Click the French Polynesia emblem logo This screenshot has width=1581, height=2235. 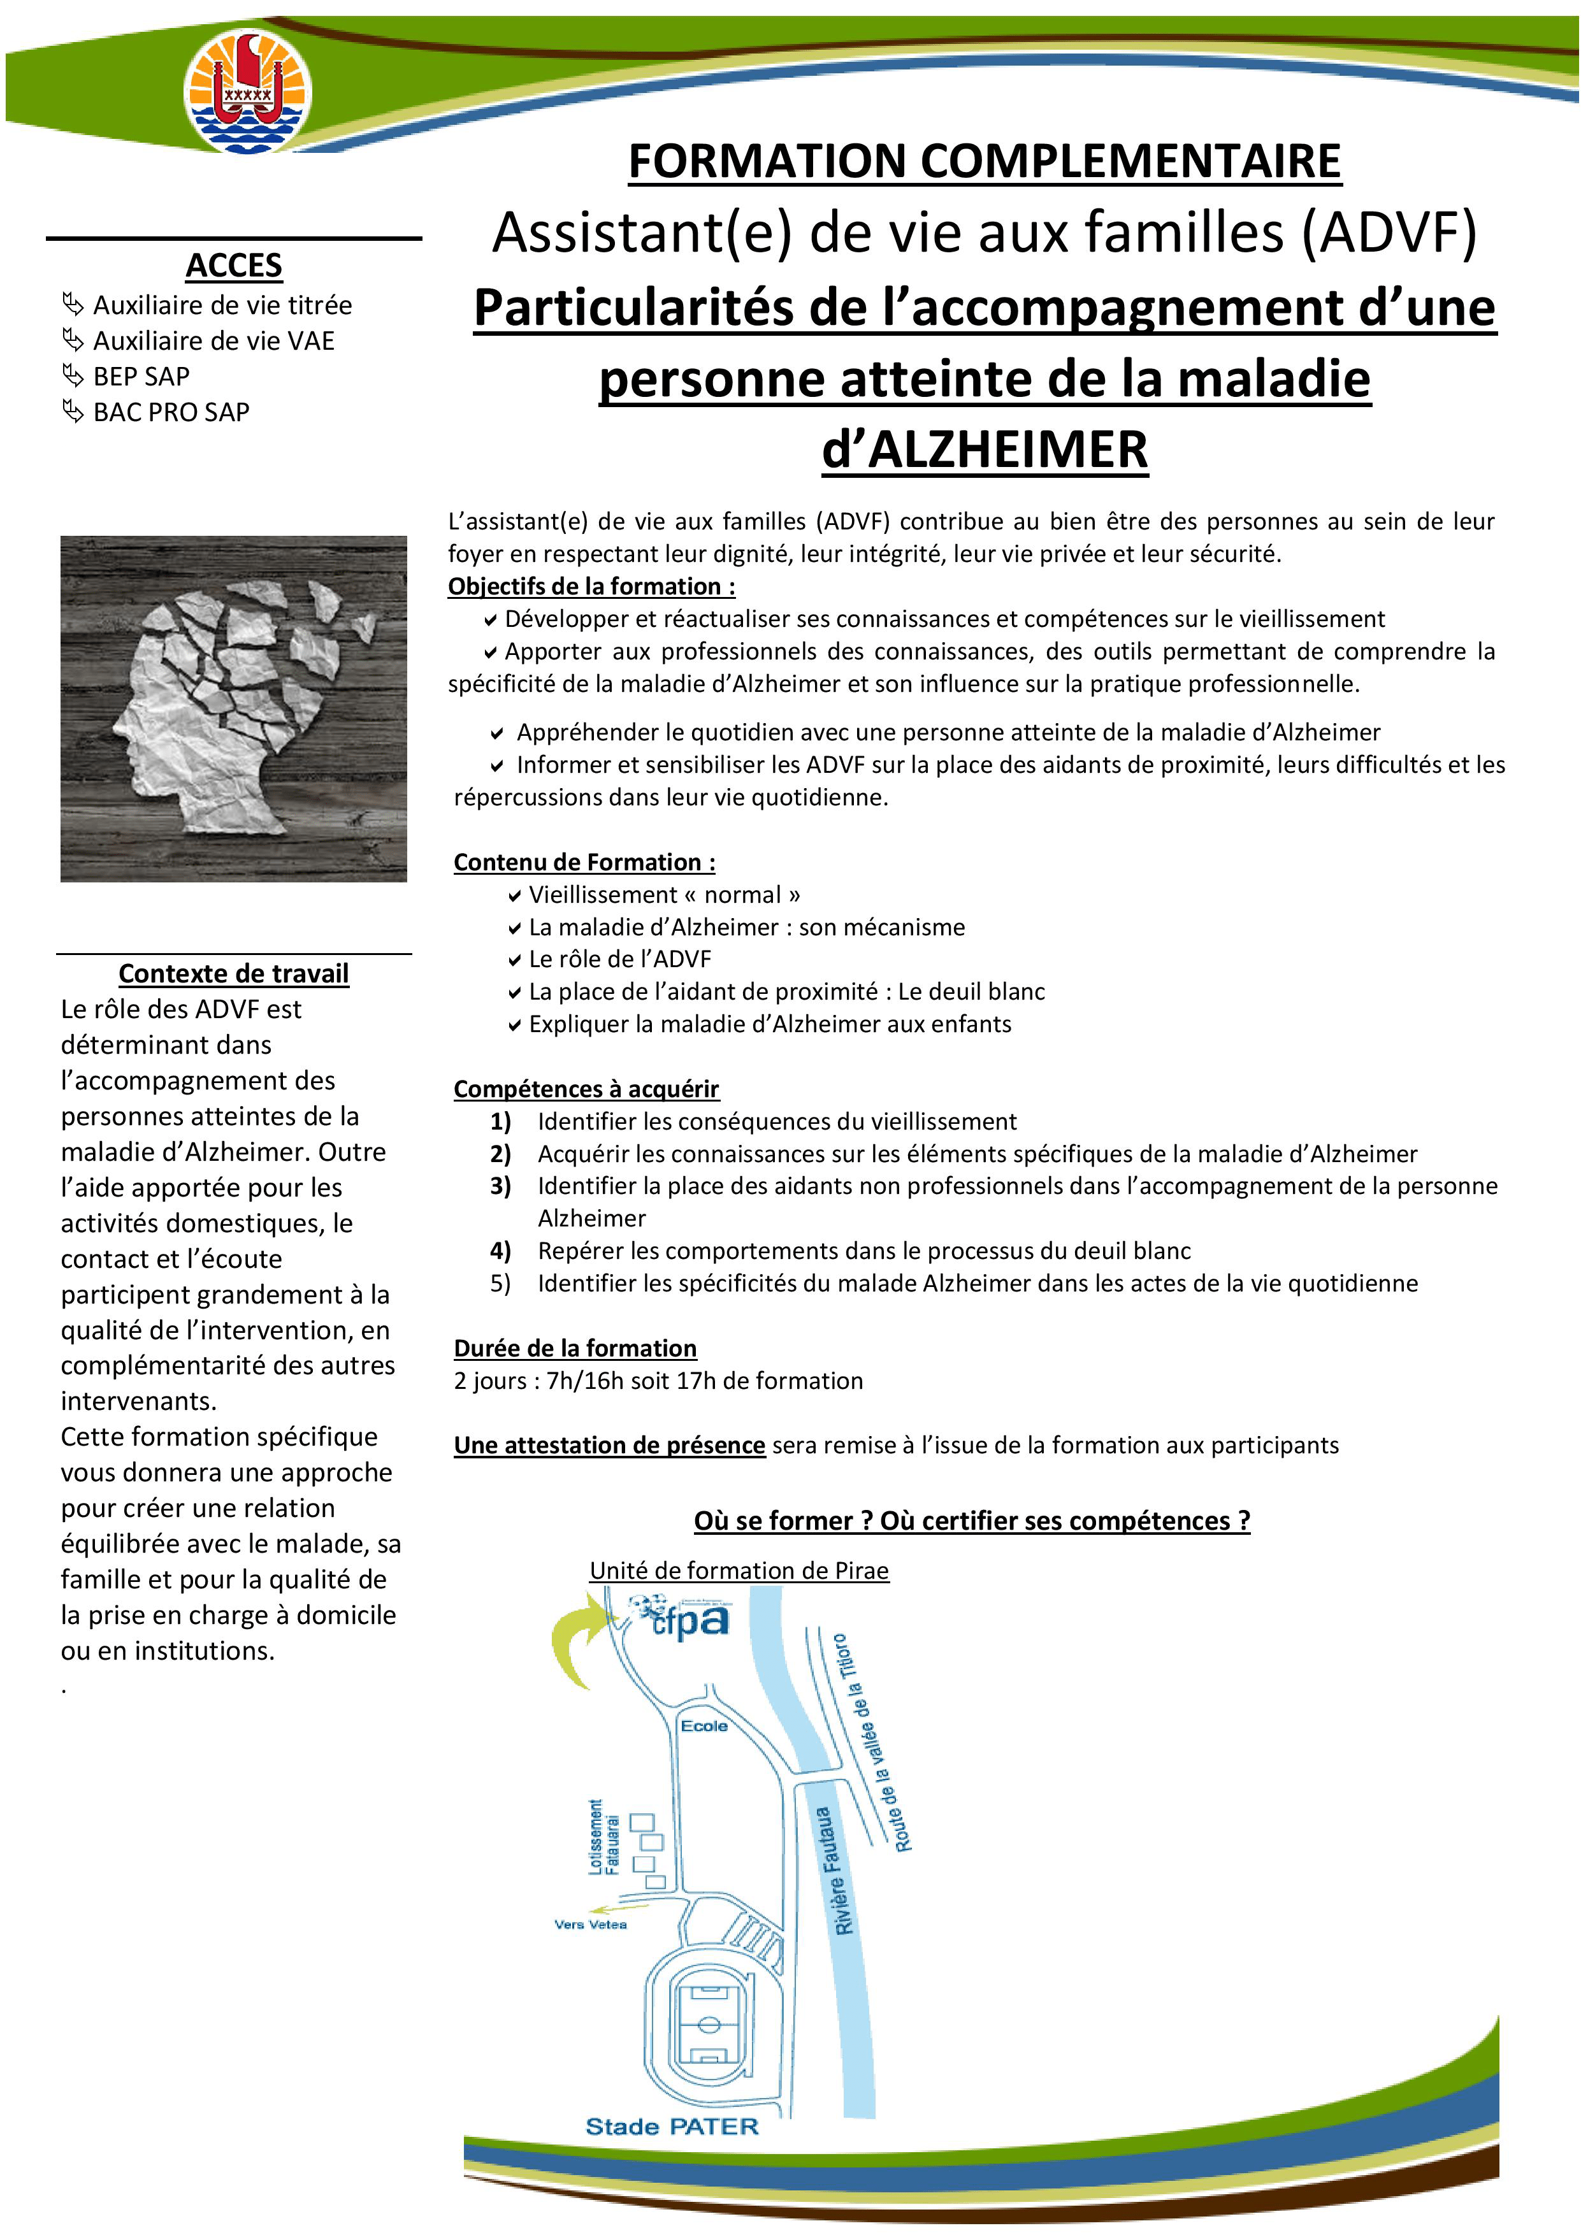(249, 90)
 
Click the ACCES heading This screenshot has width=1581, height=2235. (234, 265)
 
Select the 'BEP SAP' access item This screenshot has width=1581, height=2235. (141, 377)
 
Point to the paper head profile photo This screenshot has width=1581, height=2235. (234, 708)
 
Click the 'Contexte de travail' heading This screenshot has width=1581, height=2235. (234, 974)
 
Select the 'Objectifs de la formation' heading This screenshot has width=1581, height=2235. (591, 586)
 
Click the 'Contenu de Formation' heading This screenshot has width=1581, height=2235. (584, 863)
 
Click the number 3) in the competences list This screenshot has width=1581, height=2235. (500, 1186)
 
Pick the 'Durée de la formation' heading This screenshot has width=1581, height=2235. (575, 1348)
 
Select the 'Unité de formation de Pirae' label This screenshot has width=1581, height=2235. (739, 1570)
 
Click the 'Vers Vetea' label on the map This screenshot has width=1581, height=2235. (590, 1925)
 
